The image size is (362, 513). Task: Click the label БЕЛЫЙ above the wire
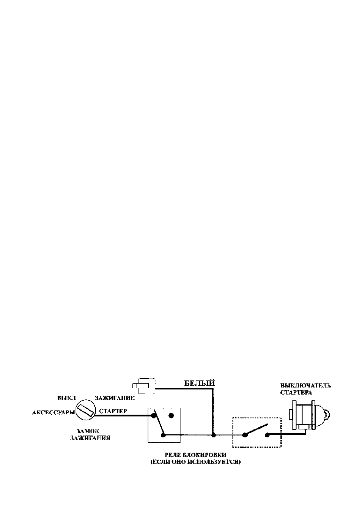(x=199, y=390)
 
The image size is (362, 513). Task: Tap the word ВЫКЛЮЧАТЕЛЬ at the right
(x=305, y=392)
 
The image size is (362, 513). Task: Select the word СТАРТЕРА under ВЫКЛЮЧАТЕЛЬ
(x=296, y=399)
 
